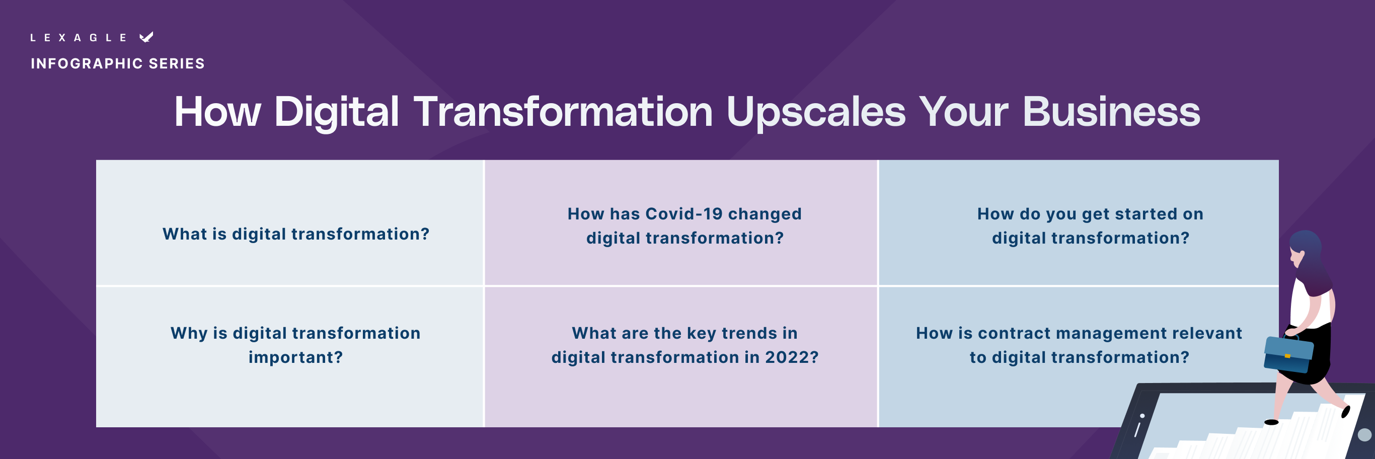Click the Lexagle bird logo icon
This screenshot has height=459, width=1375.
(146, 37)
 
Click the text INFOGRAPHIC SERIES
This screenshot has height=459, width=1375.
(117, 63)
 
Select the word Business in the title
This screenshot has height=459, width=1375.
(1111, 112)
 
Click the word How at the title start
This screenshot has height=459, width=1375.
(217, 112)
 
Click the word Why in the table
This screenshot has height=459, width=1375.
(188, 333)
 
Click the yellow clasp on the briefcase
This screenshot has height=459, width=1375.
(1287, 355)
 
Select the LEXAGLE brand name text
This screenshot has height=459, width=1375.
(79, 37)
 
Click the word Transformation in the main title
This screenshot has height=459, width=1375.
(563, 112)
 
